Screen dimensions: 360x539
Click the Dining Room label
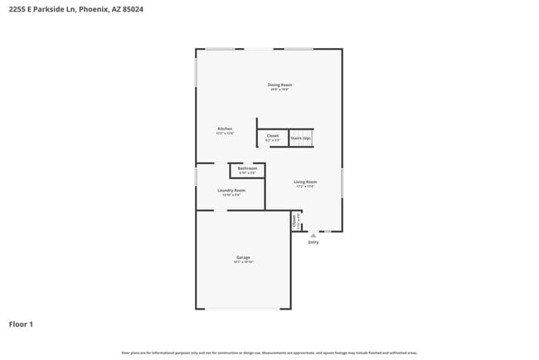(279, 85)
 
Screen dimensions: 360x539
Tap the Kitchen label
(225, 129)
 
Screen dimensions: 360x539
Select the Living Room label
(305, 182)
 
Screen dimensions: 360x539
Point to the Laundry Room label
(231, 190)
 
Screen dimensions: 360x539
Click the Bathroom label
(247, 168)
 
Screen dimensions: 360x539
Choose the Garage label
(243, 257)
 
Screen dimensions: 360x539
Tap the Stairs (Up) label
(300, 138)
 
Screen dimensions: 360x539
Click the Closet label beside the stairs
(272, 135)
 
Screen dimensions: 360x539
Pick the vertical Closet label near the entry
(294, 220)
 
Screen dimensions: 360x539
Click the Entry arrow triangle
(313, 236)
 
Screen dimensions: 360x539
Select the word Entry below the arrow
(313, 242)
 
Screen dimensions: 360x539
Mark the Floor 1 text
(21, 324)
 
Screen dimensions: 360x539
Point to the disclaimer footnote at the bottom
(269, 353)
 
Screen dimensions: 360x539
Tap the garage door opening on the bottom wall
(243, 309)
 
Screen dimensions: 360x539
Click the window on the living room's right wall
(342, 182)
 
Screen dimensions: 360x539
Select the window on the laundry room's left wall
(196, 177)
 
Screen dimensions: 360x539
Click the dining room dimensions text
(279, 90)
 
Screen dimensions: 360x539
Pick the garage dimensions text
(243, 262)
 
